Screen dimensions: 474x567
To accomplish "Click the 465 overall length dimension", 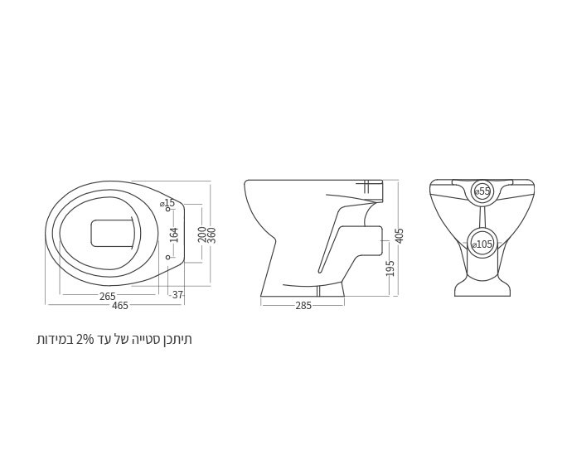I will [x=119, y=306].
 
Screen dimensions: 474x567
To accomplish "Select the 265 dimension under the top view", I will [x=108, y=297].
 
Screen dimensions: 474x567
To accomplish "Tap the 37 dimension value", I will [x=177, y=295].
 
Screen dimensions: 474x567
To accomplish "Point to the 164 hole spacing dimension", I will [x=174, y=235].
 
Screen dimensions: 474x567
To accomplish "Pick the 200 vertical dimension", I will [x=202, y=234].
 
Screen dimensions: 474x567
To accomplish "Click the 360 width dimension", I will [x=212, y=234].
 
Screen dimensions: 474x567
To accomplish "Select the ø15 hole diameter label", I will [x=167, y=203].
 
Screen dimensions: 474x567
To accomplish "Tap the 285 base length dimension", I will [x=303, y=306].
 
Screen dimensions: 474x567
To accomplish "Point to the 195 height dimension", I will [x=390, y=268].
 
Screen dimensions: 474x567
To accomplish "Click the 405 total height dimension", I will [x=400, y=235].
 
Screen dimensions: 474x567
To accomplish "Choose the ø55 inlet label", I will [x=482, y=191].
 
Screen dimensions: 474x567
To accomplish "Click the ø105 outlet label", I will [x=482, y=244].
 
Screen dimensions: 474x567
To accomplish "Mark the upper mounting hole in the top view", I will [x=167, y=210].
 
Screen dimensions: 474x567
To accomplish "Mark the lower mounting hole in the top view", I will [x=167, y=258].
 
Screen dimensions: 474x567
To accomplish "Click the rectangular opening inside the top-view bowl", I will [x=112, y=233].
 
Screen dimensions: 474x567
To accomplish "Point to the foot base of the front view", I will [x=482, y=288].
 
